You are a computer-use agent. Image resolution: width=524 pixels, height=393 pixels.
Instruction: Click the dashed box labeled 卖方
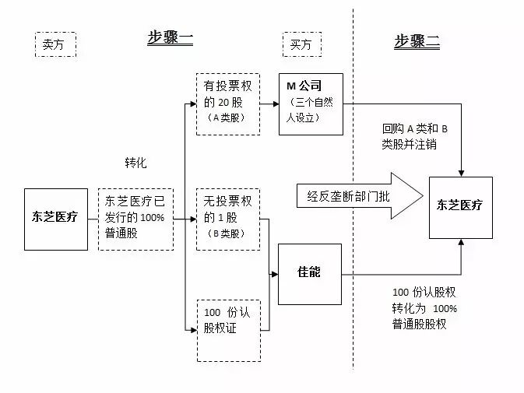click(x=54, y=45)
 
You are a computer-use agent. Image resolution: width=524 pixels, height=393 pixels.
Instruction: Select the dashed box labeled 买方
click(x=301, y=45)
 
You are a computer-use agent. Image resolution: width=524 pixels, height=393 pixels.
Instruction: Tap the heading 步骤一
click(x=171, y=38)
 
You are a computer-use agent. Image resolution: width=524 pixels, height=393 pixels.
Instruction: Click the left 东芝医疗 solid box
click(x=56, y=219)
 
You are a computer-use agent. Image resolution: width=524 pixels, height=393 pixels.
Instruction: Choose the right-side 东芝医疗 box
click(x=460, y=206)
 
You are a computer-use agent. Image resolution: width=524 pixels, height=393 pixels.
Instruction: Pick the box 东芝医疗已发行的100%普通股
click(x=135, y=219)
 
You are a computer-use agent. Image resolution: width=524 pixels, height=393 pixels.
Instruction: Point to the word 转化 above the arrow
click(x=135, y=163)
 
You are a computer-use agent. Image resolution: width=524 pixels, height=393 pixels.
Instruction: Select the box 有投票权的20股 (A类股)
click(x=227, y=104)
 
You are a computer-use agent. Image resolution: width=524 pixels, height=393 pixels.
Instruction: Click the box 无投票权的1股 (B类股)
click(x=227, y=219)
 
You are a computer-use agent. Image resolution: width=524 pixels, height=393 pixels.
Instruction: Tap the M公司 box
click(x=311, y=104)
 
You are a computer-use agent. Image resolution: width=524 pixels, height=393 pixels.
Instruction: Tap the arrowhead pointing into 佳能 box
click(x=275, y=274)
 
